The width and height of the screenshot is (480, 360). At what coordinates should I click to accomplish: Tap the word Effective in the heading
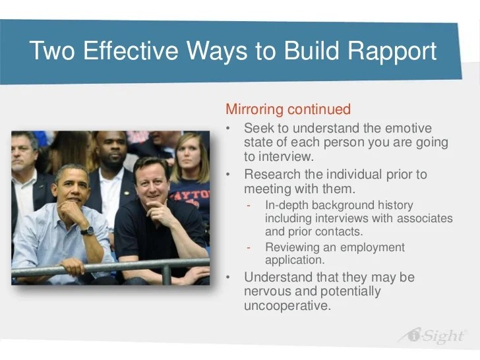point(131,50)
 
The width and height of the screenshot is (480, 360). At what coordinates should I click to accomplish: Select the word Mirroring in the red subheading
point(255,109)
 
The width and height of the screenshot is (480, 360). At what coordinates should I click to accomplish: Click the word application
point(295,260)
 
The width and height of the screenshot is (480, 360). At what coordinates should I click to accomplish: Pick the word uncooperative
point(287,305)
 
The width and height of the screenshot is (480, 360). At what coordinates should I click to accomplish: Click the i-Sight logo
point(433,336)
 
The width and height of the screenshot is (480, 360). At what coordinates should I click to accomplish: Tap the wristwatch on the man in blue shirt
point(87,231)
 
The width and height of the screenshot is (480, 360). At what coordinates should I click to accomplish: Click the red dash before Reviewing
point(249,247)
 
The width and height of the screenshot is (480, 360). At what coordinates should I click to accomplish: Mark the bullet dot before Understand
point(227,278)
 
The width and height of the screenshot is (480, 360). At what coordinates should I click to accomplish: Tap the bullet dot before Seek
point(227,129)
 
